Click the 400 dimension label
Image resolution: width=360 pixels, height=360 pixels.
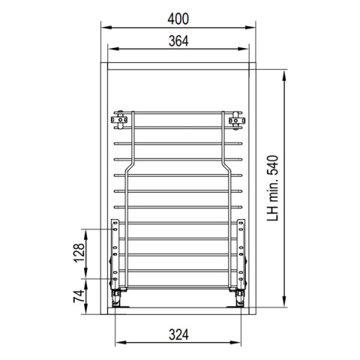pyautogui.click(x=178, y=19)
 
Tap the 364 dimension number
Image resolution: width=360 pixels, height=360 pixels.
pyautogui.click(x=178, y=41)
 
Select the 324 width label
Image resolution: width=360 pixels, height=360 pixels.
pyautogui.click(x=178, y=334)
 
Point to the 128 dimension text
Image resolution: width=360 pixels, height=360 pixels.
pyautogui.click(x=79, y=253)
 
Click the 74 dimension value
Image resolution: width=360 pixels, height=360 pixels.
pyautogui.click(x=79, y=296)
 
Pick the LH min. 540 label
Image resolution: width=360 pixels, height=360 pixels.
pyautogui.click(x=272, y=188)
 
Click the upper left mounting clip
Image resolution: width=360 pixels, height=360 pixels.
pyautogui.click(x=120, y=120)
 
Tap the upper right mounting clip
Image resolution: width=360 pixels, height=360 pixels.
pyautogui.click(x=236, y=121)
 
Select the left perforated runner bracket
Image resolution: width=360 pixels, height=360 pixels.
pyautogui.click(x=115, y=253)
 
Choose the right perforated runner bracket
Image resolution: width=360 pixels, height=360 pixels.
pyautogui.click(x=241, y=253)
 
